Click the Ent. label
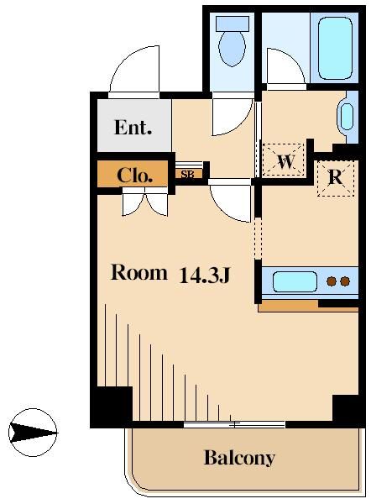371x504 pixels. coord(133,129)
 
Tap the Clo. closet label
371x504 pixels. coord(134,176)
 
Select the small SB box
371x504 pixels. coord(188,175)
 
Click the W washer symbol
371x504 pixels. coord(285,161)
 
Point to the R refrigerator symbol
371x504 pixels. coord(335,177)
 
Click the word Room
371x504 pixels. coord(139,272)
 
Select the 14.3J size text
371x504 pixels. coord(204,274)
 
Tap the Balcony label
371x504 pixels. coord(239,458)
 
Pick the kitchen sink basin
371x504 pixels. coord(293,281)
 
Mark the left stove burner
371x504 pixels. coord(331,281)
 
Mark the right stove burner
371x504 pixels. coord(343,281)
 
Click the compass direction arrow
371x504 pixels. coord(34,433)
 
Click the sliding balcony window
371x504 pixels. coord(234,423)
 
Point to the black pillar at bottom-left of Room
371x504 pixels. coord(112,406)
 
